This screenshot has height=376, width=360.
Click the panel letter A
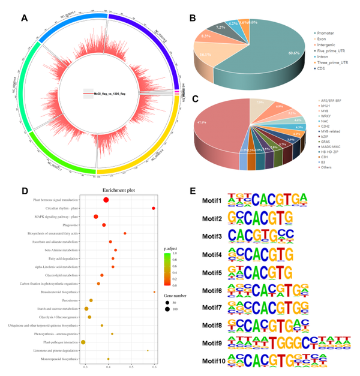tap(25, 17)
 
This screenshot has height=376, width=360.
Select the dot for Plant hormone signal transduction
tap(106, 200)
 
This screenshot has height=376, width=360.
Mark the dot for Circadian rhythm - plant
tap(154, 208)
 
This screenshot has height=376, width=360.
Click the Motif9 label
tap(212, 344)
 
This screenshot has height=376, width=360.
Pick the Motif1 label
tap(212, 200)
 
